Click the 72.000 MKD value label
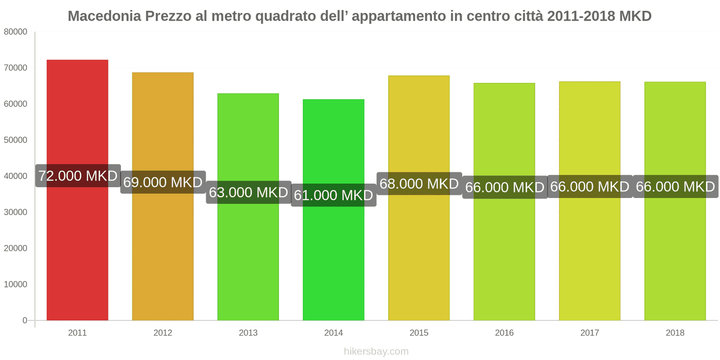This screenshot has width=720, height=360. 78,175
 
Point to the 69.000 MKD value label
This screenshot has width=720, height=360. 163,182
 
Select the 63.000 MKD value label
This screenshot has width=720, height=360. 248,192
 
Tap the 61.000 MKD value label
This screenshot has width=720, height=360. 333,195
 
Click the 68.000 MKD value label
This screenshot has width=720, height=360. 419,184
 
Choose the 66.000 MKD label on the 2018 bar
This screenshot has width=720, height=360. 675,187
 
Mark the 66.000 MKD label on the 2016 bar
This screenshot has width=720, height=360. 504,187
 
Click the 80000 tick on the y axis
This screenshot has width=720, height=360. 15,32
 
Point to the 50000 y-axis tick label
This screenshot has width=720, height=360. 15,140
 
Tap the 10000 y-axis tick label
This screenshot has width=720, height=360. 15,284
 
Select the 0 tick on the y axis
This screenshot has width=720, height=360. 25,320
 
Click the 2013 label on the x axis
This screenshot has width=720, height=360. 248,333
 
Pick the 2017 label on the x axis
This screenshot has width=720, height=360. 589,333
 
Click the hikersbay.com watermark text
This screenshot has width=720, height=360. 376,351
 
